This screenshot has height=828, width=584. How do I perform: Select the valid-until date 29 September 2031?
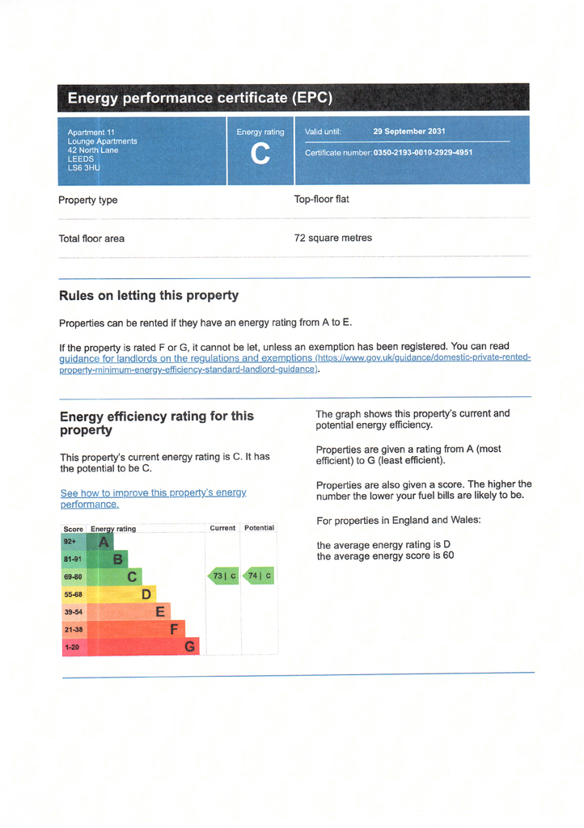tap(408, 131)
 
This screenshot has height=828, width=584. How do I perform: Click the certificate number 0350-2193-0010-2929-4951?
tap(423, 152)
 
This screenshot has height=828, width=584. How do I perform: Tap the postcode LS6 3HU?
tap(83, 168)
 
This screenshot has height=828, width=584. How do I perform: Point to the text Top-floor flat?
tap(321, 199)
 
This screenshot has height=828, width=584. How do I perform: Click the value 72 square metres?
tap(333, 238)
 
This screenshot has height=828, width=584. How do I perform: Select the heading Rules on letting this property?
tap(149, 295)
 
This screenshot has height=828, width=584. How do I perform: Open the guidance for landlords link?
tap(186, 357)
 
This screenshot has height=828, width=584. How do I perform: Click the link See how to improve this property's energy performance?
tap(153, 498)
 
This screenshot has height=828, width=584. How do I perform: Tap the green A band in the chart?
tap(103, 542)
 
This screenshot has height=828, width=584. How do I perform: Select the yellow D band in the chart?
tap(146, 594)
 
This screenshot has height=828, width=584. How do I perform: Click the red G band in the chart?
tap(189, 646)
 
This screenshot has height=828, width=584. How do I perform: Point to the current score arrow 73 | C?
tap(224, 577)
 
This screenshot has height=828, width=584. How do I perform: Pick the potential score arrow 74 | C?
tap(259, 577)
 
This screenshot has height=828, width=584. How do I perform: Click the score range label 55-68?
tap(73, 594)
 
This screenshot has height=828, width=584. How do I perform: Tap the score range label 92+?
tap(70, 542)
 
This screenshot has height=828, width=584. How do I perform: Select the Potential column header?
tap(259, 528)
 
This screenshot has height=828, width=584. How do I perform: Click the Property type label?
tap(87, 200)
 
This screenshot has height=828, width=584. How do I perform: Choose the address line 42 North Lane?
tap(93, 150)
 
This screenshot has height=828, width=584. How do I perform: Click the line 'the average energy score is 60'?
tap(385, 556)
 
